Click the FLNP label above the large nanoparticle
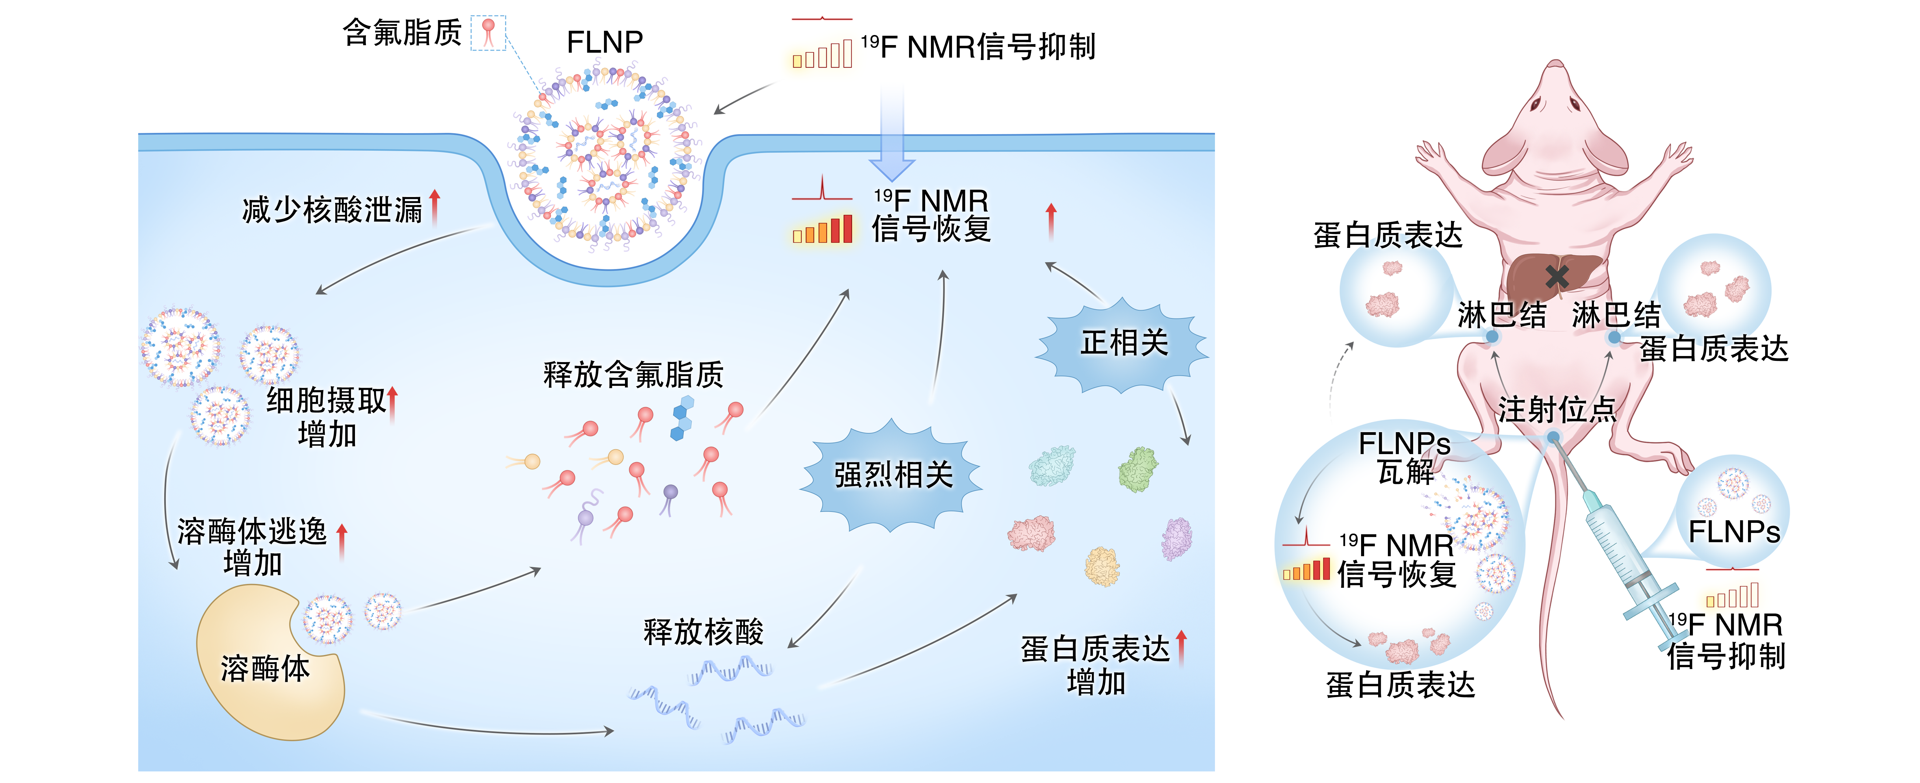coord(605,42)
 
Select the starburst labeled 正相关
coord(1123,344)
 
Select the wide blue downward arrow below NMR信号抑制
coord(891,134)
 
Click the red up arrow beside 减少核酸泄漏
coord(434,206)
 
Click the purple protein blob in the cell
coord(1176,538)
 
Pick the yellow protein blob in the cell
coord(1102,567)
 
